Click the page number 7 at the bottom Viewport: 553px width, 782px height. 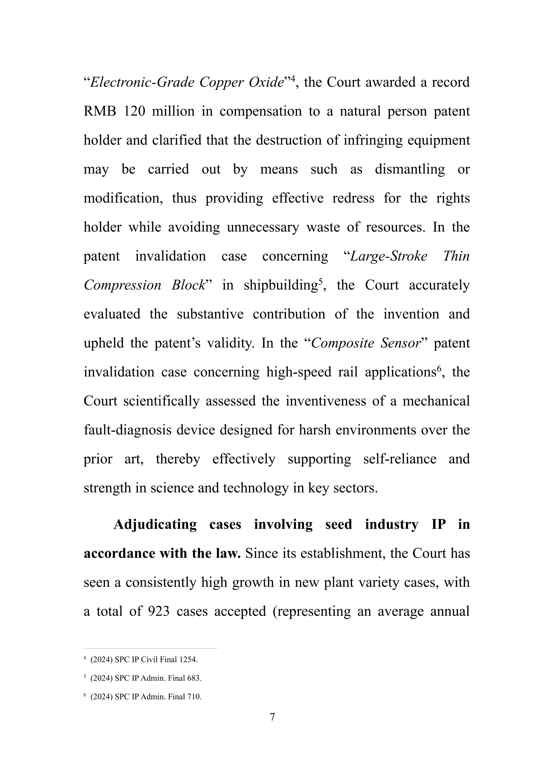(272, 717)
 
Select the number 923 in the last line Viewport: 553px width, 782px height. (159, 611)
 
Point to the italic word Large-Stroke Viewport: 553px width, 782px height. (389, 256)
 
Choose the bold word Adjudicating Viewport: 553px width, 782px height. (155, 525)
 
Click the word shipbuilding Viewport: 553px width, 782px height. (281, 285)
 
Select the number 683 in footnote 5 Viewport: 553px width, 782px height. (194, 678)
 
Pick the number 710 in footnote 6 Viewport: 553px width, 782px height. (194, 696)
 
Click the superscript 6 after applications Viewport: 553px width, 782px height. (439, 368)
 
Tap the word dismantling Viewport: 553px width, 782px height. (410, 169)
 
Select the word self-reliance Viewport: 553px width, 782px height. (400, 459)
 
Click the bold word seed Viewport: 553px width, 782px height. (338, 525)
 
